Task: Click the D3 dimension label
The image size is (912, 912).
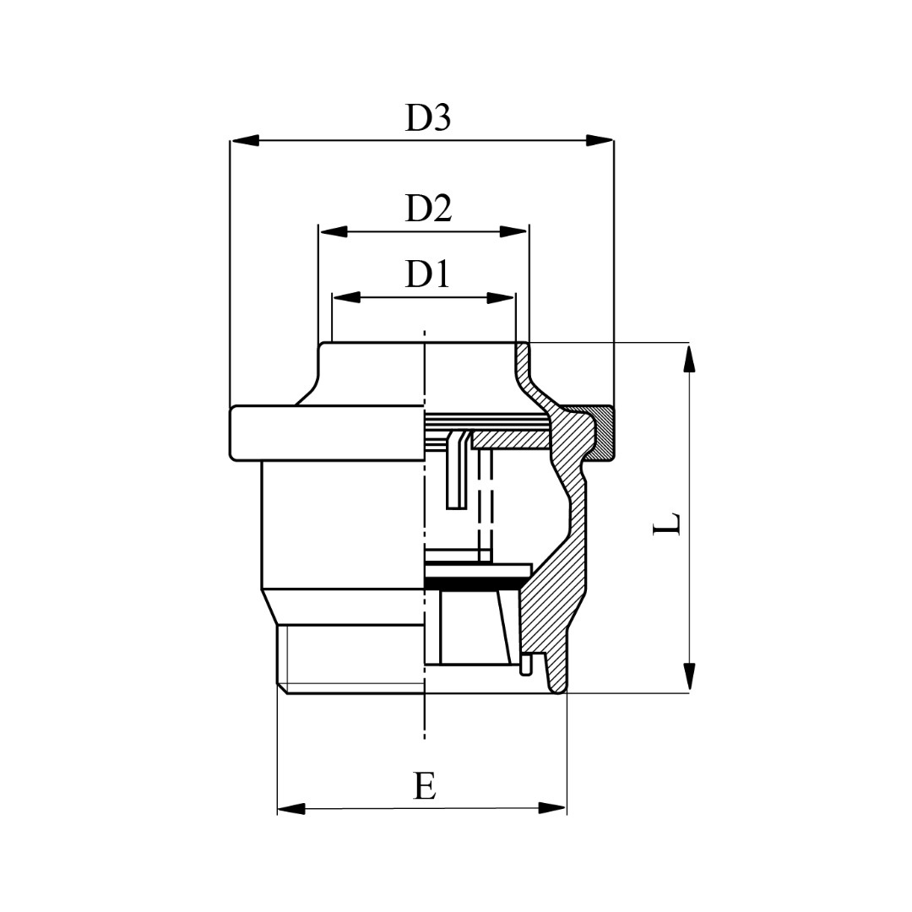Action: click(x=428, y=118)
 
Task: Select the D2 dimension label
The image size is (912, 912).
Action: click(x=429, y=209)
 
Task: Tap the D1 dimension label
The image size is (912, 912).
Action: click(x=427, y=274)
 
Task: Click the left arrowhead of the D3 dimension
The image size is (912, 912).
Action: click(x=244, y=141)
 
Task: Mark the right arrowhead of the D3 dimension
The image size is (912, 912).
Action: click(x=599, y=141)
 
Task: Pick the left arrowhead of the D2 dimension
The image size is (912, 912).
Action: click(x=334, y=232)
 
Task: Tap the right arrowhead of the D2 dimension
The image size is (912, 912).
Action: click(x=514, y=232)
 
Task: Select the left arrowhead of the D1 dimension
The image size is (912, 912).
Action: click(x=346, y=298)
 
